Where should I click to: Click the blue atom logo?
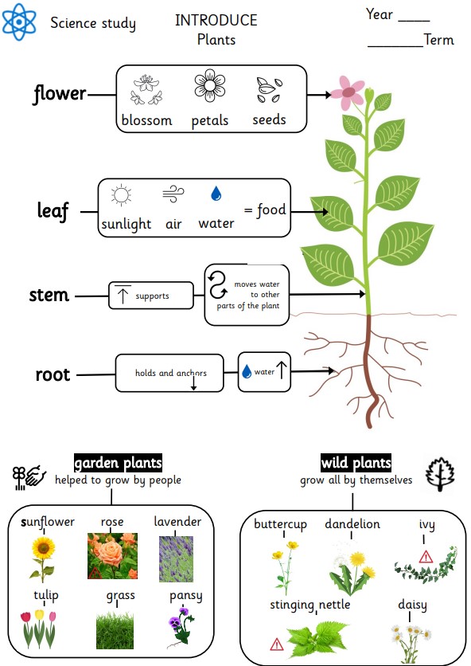click(19, 22)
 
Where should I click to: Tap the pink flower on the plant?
click(348, 92)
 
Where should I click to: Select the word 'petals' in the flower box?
click(209, 121)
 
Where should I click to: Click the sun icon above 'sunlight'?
click(121, 195)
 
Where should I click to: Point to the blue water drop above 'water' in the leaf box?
click(216, 194)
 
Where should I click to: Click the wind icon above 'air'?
click(173, 194)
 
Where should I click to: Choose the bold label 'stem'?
click(49, 295)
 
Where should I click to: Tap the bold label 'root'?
click(53, 374)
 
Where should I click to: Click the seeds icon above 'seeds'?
click(269, 90)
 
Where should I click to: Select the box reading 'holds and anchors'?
click(169, 373)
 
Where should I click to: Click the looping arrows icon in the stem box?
click(218, 285)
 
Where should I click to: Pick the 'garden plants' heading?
click(118, 463)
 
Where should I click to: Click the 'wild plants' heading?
click(356, 462)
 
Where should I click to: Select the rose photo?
click(112, 556)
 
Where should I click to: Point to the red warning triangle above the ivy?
click(426, 556)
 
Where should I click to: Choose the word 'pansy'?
click(186, 597)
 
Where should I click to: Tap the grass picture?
click(115, 631)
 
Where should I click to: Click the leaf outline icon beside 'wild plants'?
click(440, 474)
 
